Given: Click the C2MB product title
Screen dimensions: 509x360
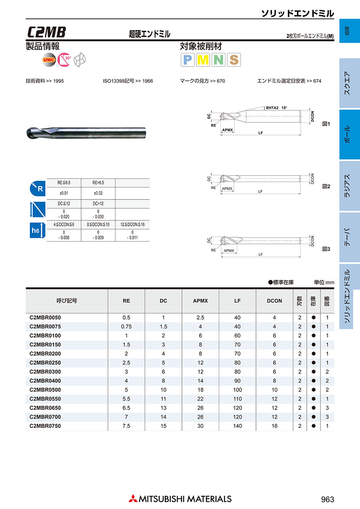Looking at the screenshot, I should point(47,32).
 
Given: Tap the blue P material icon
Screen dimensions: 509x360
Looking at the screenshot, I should point(188,60).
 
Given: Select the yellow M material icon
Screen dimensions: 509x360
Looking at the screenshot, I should point(203,60).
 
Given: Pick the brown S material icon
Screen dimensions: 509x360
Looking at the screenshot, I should point(234,60).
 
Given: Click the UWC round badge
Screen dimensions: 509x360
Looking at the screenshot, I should point(49,60).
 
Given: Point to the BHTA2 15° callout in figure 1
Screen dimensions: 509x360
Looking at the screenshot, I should point(277,108).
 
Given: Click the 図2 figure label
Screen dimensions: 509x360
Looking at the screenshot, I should point(326,186).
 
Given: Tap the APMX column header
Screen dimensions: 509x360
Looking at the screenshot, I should point(200,301).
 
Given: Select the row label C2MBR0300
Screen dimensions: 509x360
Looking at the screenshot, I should point(45,372).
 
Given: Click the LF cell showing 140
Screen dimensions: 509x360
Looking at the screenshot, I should point(238,426).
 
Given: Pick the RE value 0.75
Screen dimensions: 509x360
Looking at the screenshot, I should point(126,326).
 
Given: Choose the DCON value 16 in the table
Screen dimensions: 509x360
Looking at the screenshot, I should point(274,426).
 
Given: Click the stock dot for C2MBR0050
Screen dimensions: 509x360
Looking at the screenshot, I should point(314,317).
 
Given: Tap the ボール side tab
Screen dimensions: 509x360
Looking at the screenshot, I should point(347,134).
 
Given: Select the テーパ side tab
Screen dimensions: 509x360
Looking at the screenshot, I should point(347,238).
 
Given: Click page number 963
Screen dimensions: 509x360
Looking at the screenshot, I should point(327,499).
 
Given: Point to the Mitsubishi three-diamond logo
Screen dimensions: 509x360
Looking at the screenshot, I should point(132,499).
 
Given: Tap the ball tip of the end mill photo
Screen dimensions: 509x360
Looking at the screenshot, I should point(29,132).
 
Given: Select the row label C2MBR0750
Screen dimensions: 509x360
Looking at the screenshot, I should point(45,426).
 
